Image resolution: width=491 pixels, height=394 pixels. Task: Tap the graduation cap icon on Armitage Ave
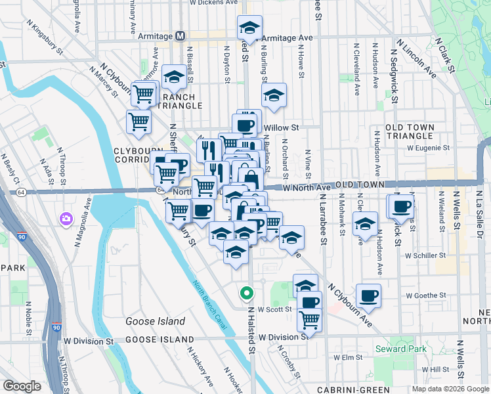click(249, 28)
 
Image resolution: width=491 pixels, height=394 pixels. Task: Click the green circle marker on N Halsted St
click(246, 293)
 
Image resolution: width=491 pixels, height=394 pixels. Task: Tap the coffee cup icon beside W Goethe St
click(369, 295)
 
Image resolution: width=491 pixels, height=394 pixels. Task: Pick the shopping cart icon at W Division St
click(309, 320)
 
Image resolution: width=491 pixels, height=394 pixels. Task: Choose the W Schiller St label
click(425, 255)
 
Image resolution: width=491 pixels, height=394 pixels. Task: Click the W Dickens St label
click(213, 3)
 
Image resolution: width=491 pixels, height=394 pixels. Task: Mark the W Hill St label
click(435, 370)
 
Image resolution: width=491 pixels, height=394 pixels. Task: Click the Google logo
click(22, 385)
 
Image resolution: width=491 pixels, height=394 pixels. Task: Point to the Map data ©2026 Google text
click(450, 389)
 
